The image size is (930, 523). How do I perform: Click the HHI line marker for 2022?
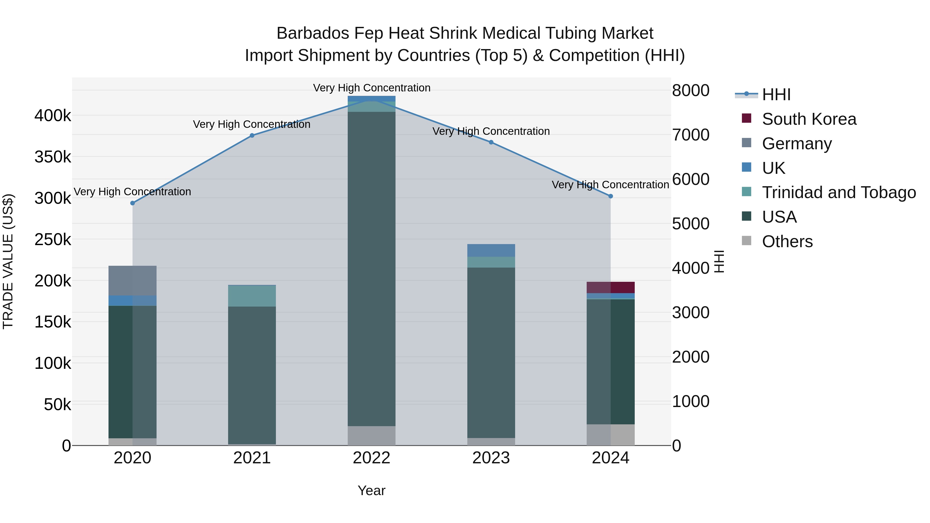point(371,100)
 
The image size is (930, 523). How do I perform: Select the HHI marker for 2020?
point(133,203)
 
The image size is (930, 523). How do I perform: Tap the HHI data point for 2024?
point(610,196)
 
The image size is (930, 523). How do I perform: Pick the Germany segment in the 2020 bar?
point(133,280)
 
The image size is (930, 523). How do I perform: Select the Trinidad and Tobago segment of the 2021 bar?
point(252,296)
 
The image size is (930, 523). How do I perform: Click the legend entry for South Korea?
point(809,119)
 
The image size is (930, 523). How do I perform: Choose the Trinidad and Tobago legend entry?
point(838,192)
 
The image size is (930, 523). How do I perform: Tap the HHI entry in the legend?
point(776,95)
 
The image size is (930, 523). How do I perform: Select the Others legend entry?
point(787,241)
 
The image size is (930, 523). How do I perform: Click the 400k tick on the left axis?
point(53,116)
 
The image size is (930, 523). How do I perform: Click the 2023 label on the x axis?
point(491,458)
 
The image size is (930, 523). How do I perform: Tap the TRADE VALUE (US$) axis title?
point(8,261)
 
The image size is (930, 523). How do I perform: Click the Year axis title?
point(371,490)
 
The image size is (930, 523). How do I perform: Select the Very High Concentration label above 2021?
point(252,124)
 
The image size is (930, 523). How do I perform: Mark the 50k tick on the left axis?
point(57,405)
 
